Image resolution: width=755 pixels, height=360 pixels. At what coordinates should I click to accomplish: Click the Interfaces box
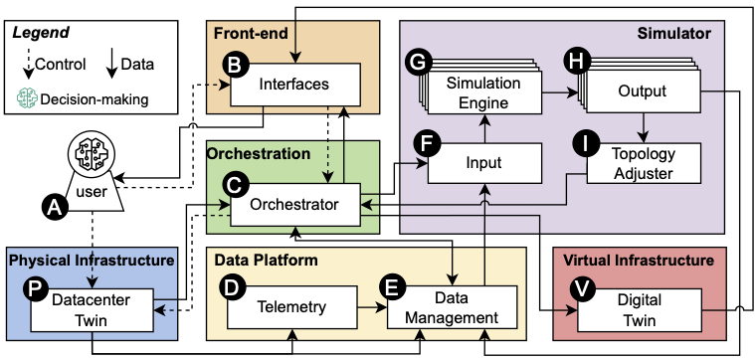pos(294,85)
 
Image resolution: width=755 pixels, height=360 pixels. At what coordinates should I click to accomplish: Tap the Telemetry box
pos(290,307)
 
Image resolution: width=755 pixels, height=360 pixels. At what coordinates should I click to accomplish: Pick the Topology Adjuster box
pos(644,162)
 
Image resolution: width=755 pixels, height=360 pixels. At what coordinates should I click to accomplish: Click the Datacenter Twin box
pos(92,308)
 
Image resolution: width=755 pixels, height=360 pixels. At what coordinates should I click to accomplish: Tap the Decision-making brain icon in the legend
pos(26,98)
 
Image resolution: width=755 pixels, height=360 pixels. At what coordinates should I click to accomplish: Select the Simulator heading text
pos(673,34)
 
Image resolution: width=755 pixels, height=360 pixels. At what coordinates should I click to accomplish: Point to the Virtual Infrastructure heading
pos(639,261)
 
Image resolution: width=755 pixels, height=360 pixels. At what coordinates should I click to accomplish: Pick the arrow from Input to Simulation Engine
pos(483,126)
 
